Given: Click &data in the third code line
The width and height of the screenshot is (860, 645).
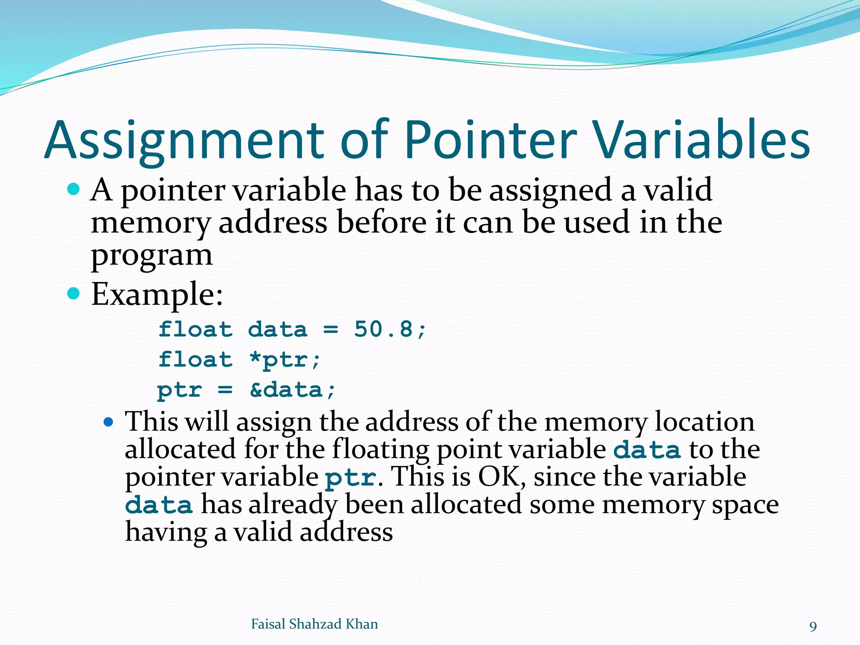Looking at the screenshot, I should point(287,390).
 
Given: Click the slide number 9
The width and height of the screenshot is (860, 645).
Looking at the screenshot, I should point(813,627).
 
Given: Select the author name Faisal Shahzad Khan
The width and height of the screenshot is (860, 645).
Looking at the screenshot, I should point(314,624).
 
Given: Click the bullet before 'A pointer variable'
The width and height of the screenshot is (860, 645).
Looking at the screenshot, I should point(73,189).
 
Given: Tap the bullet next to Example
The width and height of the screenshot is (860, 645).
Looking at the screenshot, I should point(73,294).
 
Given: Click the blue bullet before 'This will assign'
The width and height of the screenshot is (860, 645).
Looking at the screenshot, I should point(108,422).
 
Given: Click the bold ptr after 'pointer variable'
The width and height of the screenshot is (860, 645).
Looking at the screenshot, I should point(351,478).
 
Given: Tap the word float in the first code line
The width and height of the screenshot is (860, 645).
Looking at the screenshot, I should point(195,329).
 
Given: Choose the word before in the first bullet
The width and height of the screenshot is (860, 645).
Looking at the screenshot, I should point(381,222).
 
